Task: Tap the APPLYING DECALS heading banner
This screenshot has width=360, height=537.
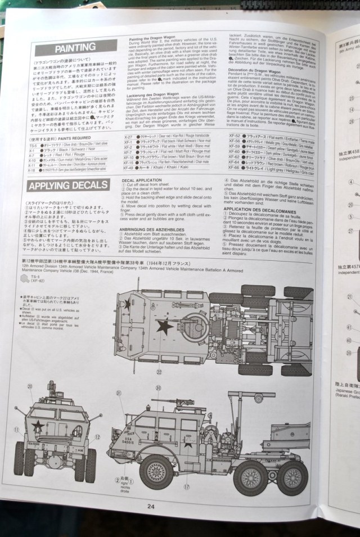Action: coord(68,186)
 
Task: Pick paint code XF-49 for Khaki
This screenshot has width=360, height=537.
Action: coord(128,168)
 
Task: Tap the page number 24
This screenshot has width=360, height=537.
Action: coord(151,506)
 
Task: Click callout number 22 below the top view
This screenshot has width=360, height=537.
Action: coord(159,371)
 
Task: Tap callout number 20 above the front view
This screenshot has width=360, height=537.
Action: coord(30,386)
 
